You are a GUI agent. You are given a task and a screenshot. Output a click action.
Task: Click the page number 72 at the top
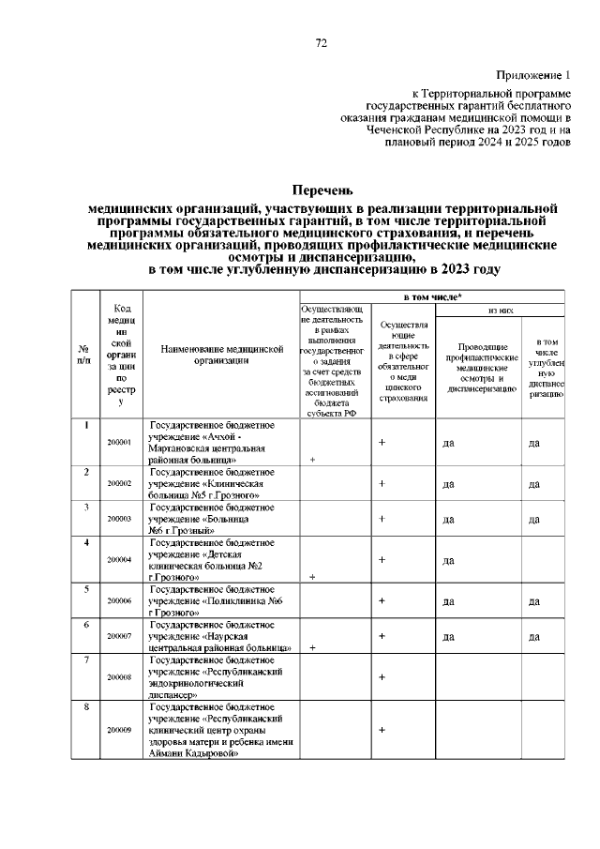pos(321,42)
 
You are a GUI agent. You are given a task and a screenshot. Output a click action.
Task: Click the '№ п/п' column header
pos(86,356)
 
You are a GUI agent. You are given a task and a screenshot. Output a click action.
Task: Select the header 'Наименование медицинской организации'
pos(221,354)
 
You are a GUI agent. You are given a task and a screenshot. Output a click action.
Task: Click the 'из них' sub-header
pos(499,310)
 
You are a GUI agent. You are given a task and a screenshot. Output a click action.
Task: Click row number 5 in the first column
pos(86,589)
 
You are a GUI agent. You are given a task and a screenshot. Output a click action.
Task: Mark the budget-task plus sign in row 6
pos(311,647)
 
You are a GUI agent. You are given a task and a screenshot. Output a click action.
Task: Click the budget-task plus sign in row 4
pos(311,577)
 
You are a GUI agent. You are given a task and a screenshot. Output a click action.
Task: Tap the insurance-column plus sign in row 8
pos(382,729)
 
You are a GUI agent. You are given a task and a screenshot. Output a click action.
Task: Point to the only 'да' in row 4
pos(448,561)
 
